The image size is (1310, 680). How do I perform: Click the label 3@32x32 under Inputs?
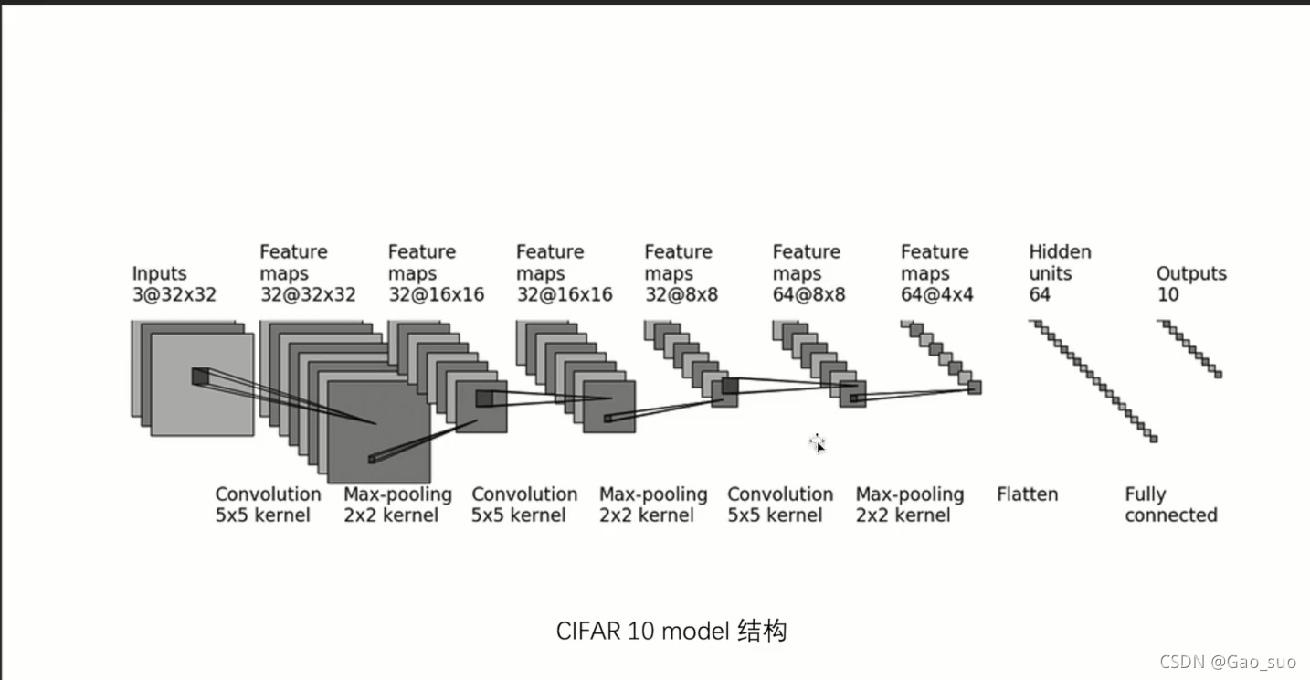(174, 294)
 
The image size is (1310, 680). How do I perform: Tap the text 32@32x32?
(308, 294)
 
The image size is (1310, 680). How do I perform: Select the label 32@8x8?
(681, 294)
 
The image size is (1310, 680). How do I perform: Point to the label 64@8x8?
(808, 294)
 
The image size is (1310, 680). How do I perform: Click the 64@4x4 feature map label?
(937, 294)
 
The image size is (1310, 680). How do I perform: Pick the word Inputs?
(159, 273)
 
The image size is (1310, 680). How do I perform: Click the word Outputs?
(1191, 273)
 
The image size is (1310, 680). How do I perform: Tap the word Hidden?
(1060, 251)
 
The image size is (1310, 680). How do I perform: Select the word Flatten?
(1027, 494)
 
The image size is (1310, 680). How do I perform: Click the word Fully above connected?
(1145, 494)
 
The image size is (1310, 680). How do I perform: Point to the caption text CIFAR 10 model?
(642, 631)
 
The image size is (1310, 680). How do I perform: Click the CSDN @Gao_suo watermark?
(1228, 662)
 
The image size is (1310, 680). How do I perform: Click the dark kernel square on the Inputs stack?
(200, 377)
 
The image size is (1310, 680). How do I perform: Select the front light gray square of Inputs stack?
(203, 385)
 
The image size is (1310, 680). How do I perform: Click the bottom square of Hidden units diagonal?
(1154, 439)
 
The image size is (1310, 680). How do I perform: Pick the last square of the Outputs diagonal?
(1218, 375)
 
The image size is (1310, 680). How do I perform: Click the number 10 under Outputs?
(1167, 294)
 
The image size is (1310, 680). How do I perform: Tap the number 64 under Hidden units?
(1040, 294)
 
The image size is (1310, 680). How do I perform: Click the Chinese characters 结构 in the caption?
(762, 631)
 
